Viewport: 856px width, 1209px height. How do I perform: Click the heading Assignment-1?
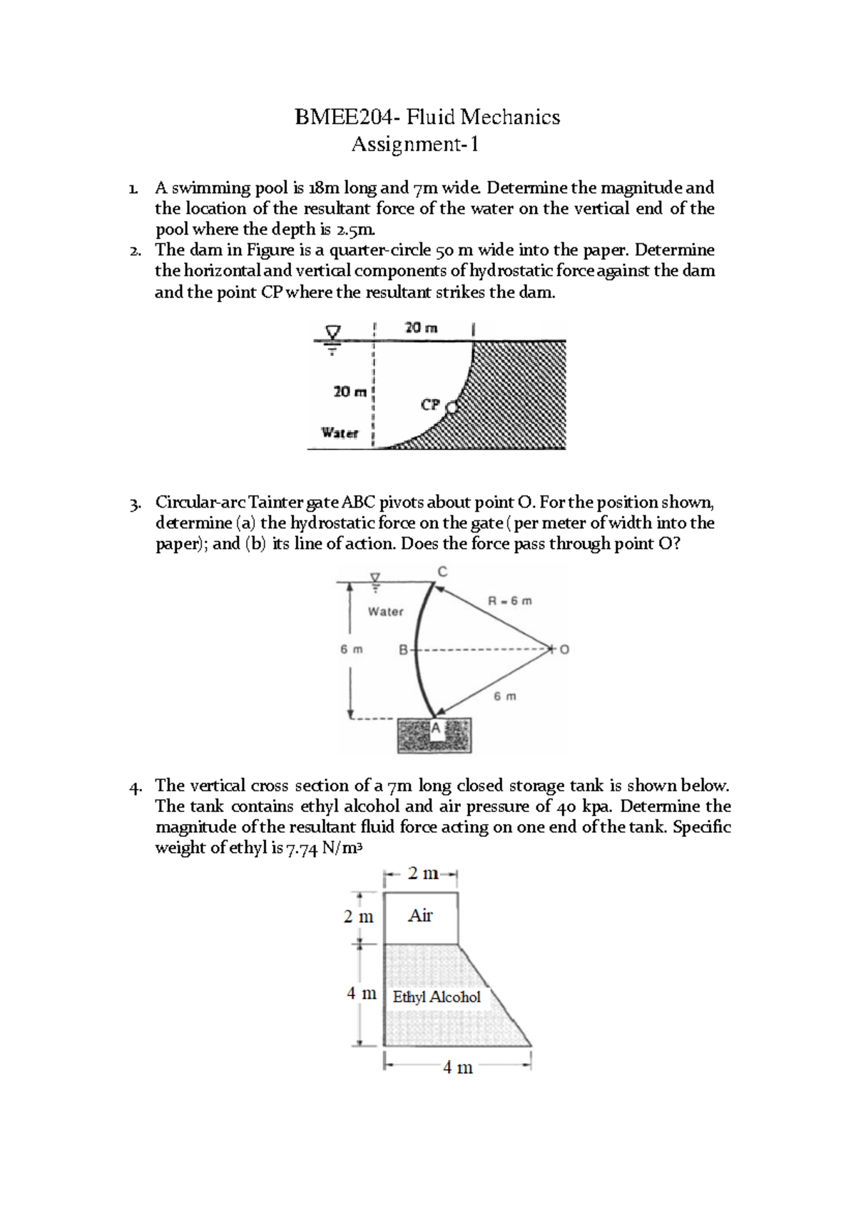pyautogui.click(x=414, y=145)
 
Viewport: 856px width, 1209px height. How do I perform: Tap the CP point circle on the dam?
pyautogui.click(x=451, y=408)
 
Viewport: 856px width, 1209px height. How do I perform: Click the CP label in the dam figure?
pyautogui.click(x=430, y=405)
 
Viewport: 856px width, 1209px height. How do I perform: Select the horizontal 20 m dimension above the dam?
pyautogui.click(x=421, y=328)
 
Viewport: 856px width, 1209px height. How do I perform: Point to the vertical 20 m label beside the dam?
pyautogui.click(x=350, y=391)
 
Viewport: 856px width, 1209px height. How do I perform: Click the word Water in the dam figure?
pyautogui.click(x=340, y=433)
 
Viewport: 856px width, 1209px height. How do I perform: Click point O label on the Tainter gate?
pyautogui.click(x=565, y=649)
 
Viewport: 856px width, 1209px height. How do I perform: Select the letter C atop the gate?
pyautogui.click(x=442, y=572)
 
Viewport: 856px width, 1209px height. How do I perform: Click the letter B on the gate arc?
pyautogui.click(x=403, y=650)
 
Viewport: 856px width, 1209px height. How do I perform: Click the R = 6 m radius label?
pyautogui.click(x=509, y=601)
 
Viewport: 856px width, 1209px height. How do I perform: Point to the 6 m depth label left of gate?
pyautogui.click(x=351, y=649)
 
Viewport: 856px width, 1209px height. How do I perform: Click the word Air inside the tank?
pyautogui.click(x=420, y=916)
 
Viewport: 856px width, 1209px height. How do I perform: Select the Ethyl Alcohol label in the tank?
pyautogui.click(x=437, y=997)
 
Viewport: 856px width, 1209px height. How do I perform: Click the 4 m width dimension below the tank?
pyautogui.click(x=457, y=1067)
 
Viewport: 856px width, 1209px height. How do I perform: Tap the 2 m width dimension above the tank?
pyautogui.click(x=422, y=873)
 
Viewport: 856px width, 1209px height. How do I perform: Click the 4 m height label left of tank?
pyautogui.click(x=361, y=993)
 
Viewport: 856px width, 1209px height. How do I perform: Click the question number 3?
pyautogui.click(x=135, y=503)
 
